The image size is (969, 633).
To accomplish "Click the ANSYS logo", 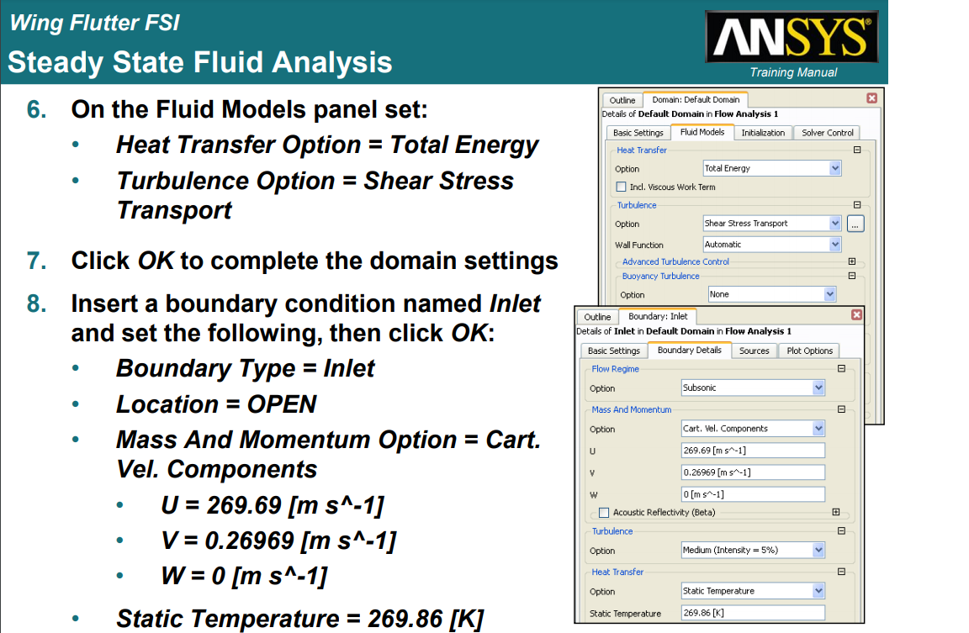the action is click(x=792, y=36).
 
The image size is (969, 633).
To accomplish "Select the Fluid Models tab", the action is click(x=702, y=132).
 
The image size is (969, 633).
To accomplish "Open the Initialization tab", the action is click(x=763, y=133).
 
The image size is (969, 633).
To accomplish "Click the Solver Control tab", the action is click(x=827, y=133).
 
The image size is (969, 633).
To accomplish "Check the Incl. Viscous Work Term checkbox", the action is click(x=621, y=187).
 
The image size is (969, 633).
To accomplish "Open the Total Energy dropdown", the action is click(x=772, y=168).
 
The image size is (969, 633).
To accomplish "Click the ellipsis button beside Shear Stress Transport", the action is click(x=855, y=224).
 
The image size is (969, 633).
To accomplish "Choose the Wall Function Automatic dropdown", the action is click(x=772, y=245).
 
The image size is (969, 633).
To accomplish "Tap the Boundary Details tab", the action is click(x=689, y=351).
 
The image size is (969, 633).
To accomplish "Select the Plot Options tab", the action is click(x=809, y=351).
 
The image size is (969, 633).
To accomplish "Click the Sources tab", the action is click(x=754, y=351).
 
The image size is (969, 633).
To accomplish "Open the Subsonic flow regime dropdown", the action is click(x=753, y=388).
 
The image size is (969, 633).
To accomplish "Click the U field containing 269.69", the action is click(x=753, y=451).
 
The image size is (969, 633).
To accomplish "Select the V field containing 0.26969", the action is click(x=753, y=472).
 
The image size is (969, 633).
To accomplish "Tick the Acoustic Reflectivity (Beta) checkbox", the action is click(x=604, y=513).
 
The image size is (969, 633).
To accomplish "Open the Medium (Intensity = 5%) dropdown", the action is click(x=753, y=551).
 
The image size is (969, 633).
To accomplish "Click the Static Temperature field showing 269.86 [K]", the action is click(x=753, y=613).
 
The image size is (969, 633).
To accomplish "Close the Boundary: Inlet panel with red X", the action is click(x=856, y=315).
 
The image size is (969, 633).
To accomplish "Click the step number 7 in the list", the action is click(x=36, y=261).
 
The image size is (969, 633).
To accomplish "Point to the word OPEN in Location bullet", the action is click(x=282, y=404).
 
